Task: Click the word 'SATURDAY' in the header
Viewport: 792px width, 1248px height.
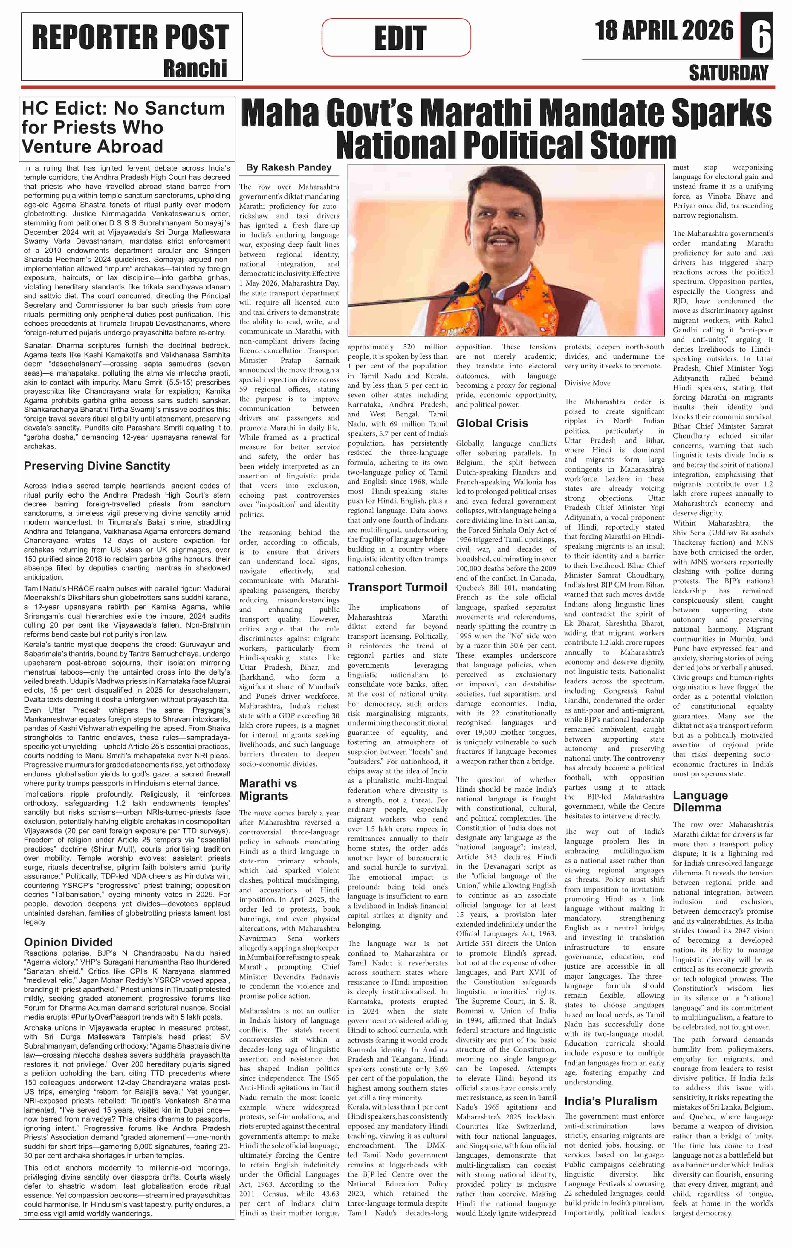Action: (728, 73)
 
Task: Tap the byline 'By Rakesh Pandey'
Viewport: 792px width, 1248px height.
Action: (288, 167)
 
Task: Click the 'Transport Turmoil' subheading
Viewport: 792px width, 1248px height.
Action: (397, 587)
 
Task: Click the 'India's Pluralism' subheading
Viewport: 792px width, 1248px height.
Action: (610, 1101)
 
